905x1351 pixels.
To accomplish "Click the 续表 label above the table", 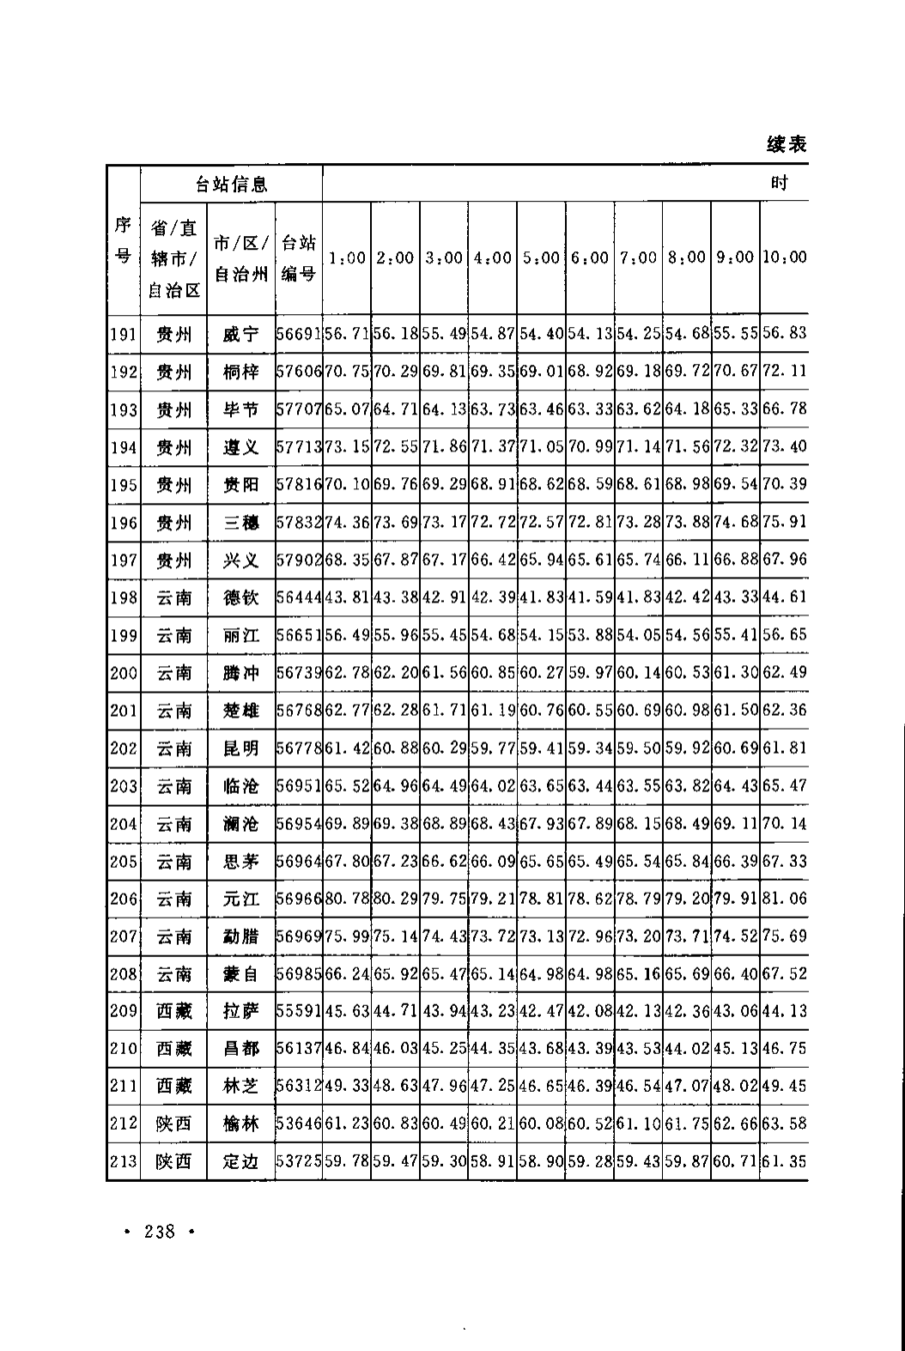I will [x=786, y=144].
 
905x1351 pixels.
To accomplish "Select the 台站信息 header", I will [x=231, y=184].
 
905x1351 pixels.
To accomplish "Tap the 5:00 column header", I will [x=541, y=257].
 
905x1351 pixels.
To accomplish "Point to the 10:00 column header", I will [x=785, y=257].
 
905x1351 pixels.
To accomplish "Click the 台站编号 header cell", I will [x=298, y=257].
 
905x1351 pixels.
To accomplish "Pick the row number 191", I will [x=124, y=334].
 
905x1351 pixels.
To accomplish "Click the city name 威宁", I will [x=240, y=334].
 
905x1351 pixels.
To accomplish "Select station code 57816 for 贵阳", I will [x=299, y=484].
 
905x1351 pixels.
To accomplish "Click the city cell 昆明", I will [x=240, y=748].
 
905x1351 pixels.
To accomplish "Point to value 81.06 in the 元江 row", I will [x=785, y=899].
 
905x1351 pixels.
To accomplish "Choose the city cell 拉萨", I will [x=240, y=1011].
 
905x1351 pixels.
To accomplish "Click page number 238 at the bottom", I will [x=161, y=1232].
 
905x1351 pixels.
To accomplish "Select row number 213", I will [x=124, y=1161].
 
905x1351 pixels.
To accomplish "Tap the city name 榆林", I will [x=240, y=1124].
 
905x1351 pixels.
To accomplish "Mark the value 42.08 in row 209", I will [x=590, y=1011].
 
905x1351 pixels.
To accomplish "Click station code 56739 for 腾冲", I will [x=299, y=673].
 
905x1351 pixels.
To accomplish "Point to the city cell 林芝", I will [x=240, y=1086].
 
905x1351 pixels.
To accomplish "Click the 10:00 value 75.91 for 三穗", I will [x=785, y=522].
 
